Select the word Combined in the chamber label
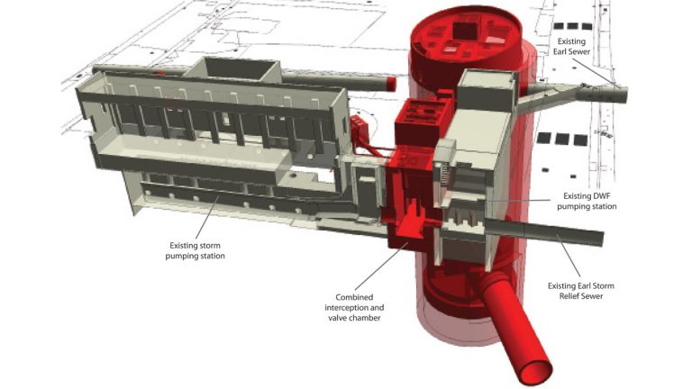tap(354, 297)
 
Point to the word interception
tap(354, 307)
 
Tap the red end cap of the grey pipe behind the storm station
tap(392, 84)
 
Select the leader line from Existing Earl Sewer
tap(600, 71)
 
